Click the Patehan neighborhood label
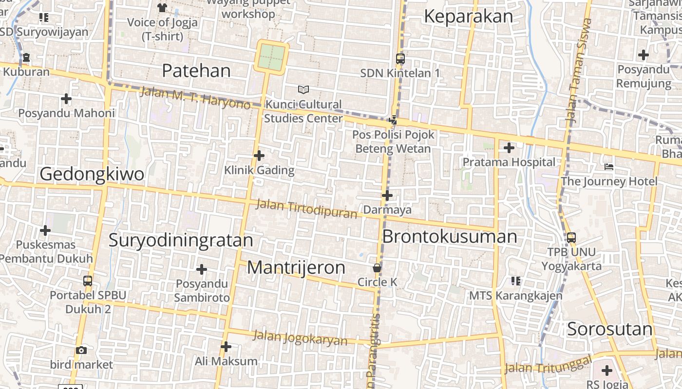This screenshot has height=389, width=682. (x=196, y=71)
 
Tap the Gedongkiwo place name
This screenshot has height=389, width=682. (x=92, y=174)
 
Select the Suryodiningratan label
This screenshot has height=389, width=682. (x=181, y=240)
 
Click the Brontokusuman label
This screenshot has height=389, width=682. (x=449, y=237)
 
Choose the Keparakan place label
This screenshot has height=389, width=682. (x=468, y=17)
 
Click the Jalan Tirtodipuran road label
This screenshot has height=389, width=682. (x=306, y=209)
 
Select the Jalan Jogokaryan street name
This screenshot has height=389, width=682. (x=300, y=337)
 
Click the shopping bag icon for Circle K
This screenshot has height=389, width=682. (x=377, y=268)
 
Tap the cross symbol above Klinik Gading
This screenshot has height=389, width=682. (x=259, y=156)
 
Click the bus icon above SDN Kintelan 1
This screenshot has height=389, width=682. (x=400, y=59)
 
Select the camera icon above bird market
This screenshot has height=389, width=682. (x=81, y=350)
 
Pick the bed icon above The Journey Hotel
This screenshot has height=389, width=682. (x=608, y=167)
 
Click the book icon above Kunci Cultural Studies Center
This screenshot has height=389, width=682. (x=303, y=89)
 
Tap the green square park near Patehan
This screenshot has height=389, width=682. (x=271, y=57)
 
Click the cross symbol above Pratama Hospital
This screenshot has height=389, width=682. (x=509, y=147)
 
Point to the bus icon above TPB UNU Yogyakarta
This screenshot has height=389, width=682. (x=571, y=238)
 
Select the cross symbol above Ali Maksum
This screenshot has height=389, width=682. (x=226, y=347)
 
